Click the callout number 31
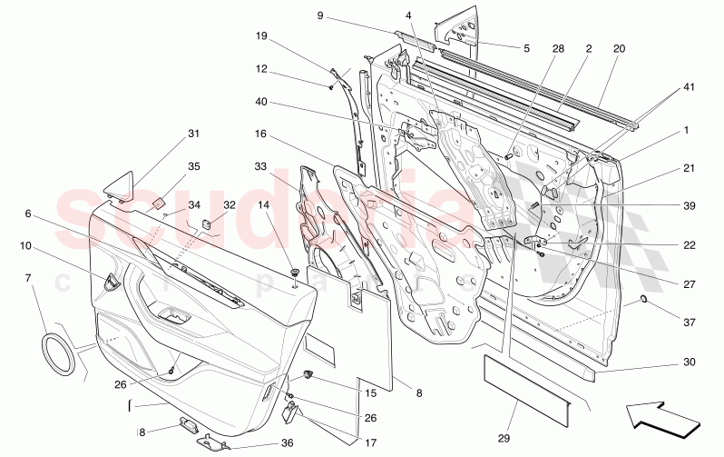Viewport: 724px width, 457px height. (x=192, y=134)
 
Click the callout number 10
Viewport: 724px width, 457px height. (x=26, y=246)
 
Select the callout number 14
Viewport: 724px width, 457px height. (x=264, y=205)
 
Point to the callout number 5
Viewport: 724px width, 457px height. (x=525, y=47)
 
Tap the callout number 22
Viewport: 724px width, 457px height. (x=690, y=244)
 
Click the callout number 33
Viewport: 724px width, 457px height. (x=260, y=167)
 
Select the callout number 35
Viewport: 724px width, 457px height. (x=193, y=166)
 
